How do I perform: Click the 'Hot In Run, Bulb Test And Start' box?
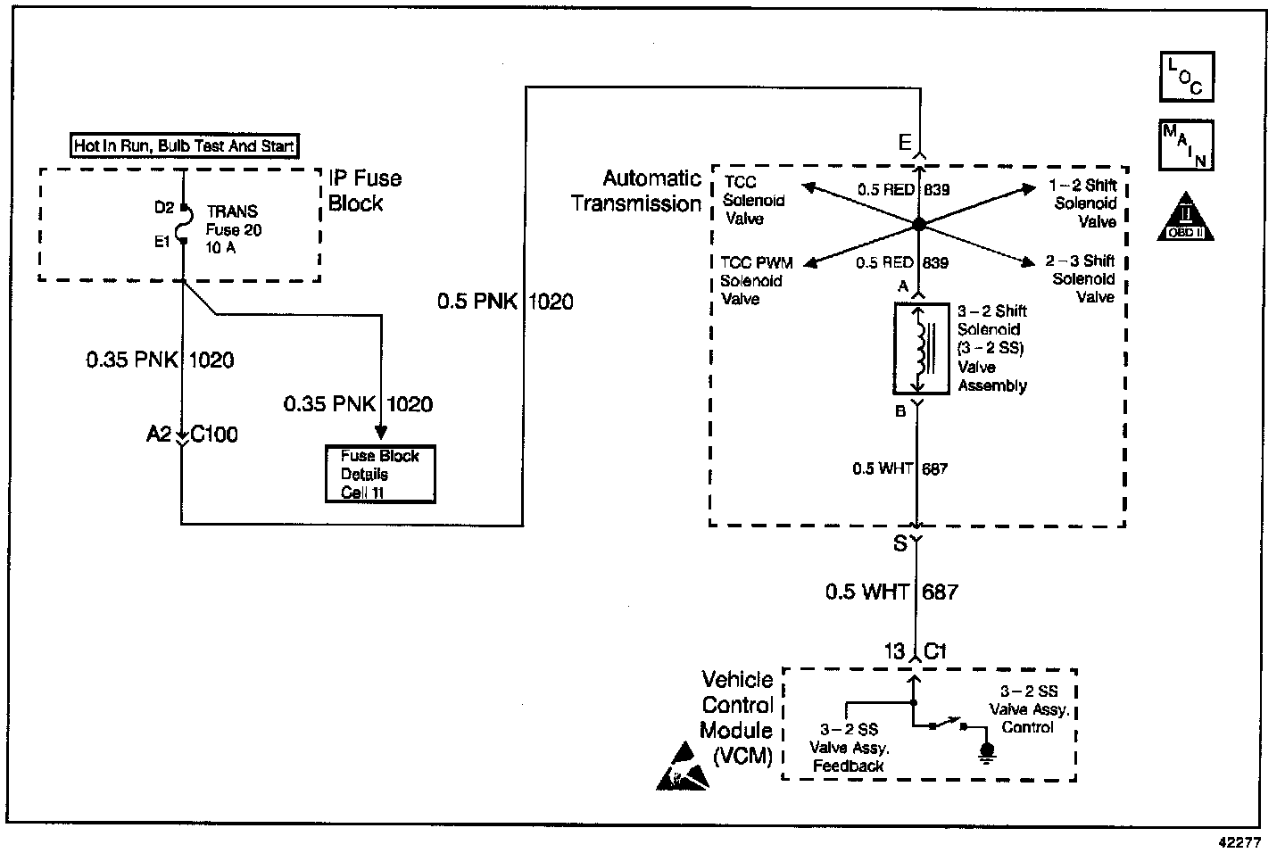(184, 145)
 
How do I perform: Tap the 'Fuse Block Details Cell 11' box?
(380, 474)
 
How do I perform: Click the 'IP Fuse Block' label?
(365, 190)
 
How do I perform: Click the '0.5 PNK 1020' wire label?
(505, 302)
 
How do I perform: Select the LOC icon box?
(1186, 76)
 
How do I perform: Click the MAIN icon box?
(1186, 145)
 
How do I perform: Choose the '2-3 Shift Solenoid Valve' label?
(1081, 278)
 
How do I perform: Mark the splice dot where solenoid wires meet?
(916, 223)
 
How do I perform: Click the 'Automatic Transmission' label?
(636, 191)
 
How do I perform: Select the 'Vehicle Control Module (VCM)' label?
(737, 717)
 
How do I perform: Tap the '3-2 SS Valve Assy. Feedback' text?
(848, 748)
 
